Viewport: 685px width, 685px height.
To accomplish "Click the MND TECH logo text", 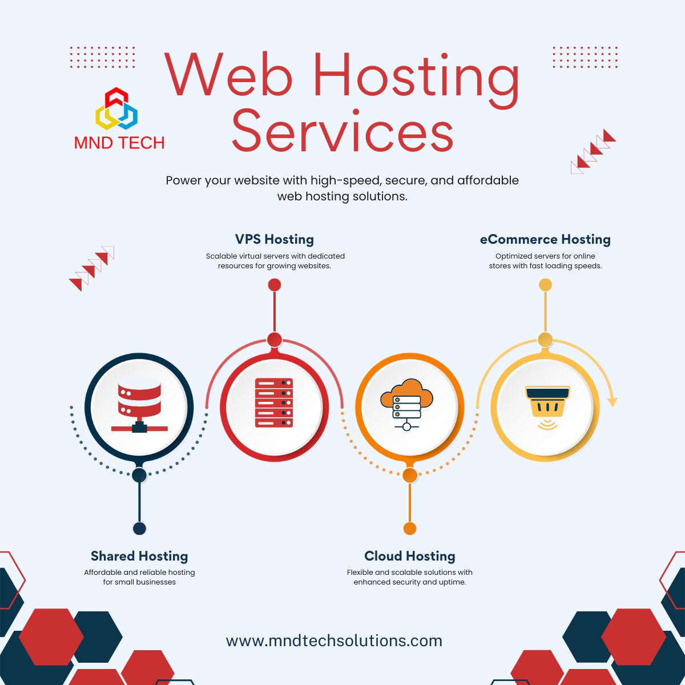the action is pos(119,143).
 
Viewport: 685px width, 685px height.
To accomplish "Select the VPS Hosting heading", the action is pos(275,239).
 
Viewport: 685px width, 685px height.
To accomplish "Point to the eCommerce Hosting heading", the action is pos(545,239).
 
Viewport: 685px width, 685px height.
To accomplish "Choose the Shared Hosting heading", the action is pos(139,556).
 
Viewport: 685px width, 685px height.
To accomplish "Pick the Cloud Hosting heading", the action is pos(410,556).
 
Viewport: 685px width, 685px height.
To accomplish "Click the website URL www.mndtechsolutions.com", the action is pos(335,640).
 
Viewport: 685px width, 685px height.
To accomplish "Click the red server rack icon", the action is pos(274,402).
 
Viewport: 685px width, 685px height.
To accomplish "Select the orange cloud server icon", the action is pos(406,403).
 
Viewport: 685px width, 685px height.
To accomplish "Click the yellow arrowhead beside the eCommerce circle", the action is pos(612,402).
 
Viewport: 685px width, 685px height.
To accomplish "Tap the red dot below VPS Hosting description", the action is pos(275,285).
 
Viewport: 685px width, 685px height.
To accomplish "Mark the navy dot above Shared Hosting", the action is pos(139,528).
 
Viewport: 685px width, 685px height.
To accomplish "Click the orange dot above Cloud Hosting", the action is pos(410,528).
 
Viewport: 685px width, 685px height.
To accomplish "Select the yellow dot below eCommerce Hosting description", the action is pos(545,285).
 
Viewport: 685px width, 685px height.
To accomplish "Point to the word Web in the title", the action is pos(228,74).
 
